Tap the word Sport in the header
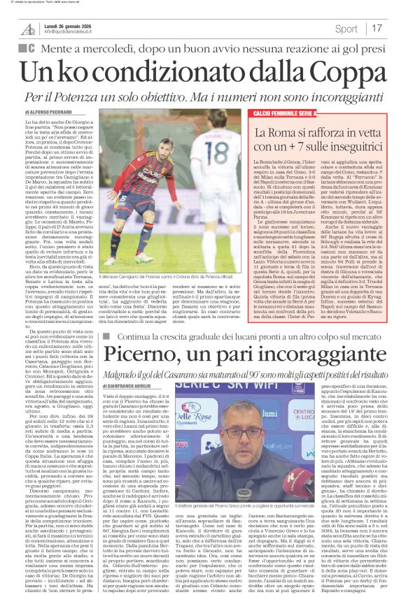coord(346,29)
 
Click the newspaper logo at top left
coord(29,29)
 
